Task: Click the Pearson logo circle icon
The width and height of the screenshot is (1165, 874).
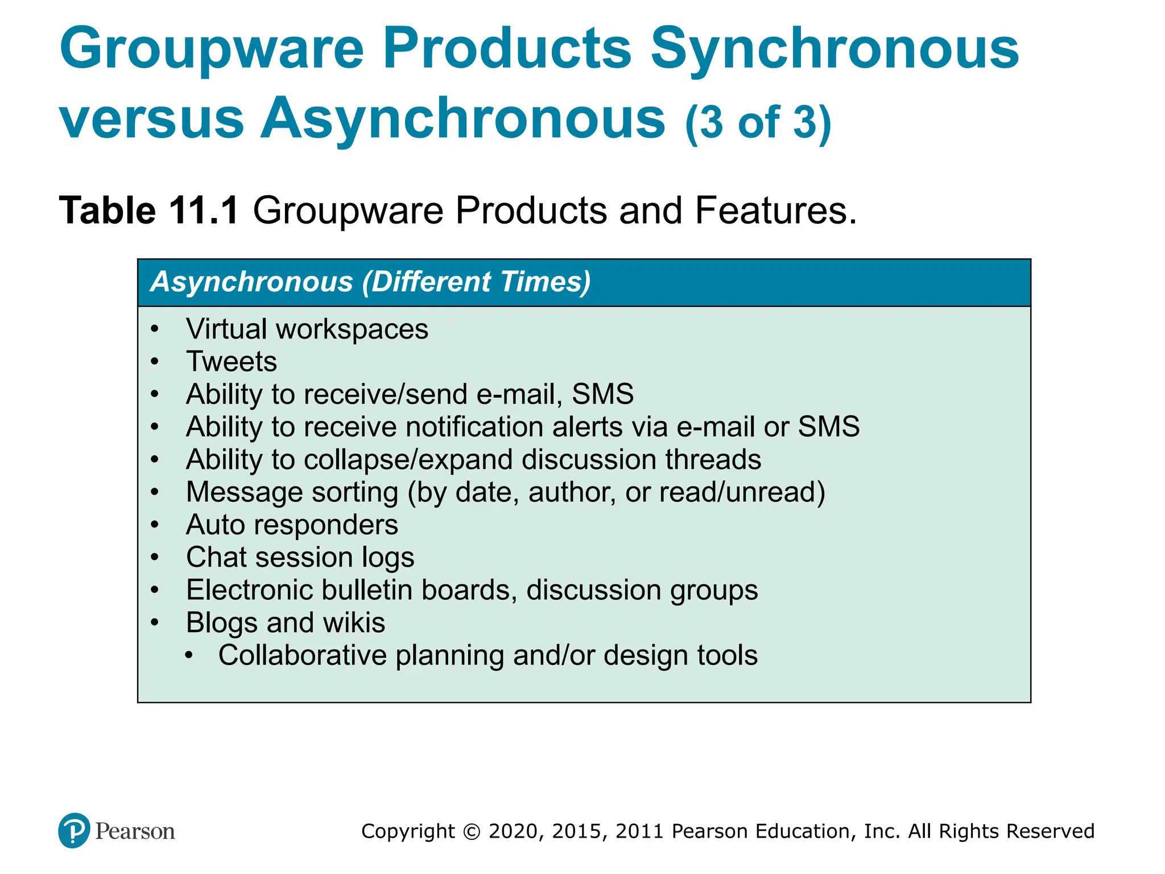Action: tap(74, 830)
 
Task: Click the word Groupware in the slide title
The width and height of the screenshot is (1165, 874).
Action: tap(212, 51)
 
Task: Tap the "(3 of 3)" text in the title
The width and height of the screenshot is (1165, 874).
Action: tap(758, 122)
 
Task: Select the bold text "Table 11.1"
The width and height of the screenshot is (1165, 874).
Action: tap(148, 211)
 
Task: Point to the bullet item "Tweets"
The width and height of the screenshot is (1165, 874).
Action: tap(232, 362)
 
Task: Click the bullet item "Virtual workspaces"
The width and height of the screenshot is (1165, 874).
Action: tap(307, 329)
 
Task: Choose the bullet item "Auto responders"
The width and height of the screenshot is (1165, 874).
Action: tap(292, 525)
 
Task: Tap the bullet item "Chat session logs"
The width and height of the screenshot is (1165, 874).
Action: tap(300, 558)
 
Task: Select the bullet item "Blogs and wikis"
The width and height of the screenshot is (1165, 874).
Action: tap(286, 622)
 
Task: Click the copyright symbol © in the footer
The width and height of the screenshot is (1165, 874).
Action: tap(472, 831)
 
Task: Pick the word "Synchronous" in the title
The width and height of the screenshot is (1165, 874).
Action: tap(834, 51)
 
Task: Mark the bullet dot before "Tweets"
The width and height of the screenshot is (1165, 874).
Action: tap(155, 362)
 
